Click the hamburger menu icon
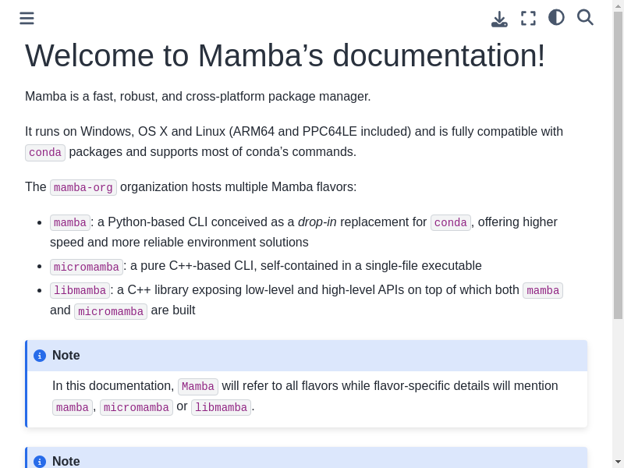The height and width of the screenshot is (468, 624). (x=27, y=18)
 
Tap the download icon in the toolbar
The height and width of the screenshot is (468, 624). (x=499, y=19)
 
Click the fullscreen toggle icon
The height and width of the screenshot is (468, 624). (x=528, y=18)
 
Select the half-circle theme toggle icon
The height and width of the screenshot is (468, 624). (x=556, y=17)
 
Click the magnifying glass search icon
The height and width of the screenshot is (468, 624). (x=585, y=17)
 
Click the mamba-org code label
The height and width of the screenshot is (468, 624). (x=83, y=187)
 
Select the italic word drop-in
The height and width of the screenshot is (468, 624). (x=317, y=222)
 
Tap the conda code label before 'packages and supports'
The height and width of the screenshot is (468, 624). (x=45, y=152)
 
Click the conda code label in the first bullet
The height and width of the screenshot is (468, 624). (x=451, y=222)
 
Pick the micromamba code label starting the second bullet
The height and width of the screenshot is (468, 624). (x=87, y=267)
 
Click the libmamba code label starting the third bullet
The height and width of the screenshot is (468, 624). (x=80, y=291)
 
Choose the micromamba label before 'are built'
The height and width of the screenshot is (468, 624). (x=111, y=311)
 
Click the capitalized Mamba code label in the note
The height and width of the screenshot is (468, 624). (x=198, y=387)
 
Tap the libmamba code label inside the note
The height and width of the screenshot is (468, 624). (x=221, y=407)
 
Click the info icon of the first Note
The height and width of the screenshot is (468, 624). (x=40, y=356)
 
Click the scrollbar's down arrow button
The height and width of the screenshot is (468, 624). (x=618, y=461)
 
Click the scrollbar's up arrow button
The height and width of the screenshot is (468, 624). (x=618, y=5)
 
